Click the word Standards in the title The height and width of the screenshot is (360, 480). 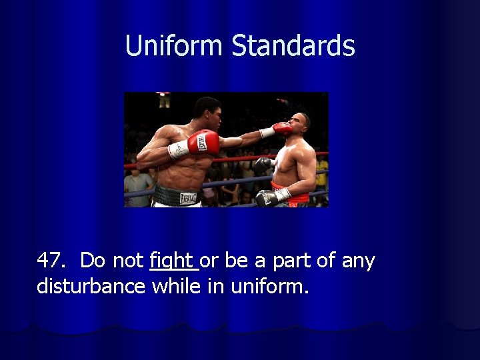coord(293,45)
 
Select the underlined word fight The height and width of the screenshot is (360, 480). coord(172,261)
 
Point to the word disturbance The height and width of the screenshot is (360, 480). coord(91,286)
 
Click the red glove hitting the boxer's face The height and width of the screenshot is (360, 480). coord(281,128)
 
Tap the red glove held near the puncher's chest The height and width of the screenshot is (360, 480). coord(202,142)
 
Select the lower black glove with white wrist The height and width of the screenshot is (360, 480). coord(268,197)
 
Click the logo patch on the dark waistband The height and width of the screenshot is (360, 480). coord(189,197)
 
